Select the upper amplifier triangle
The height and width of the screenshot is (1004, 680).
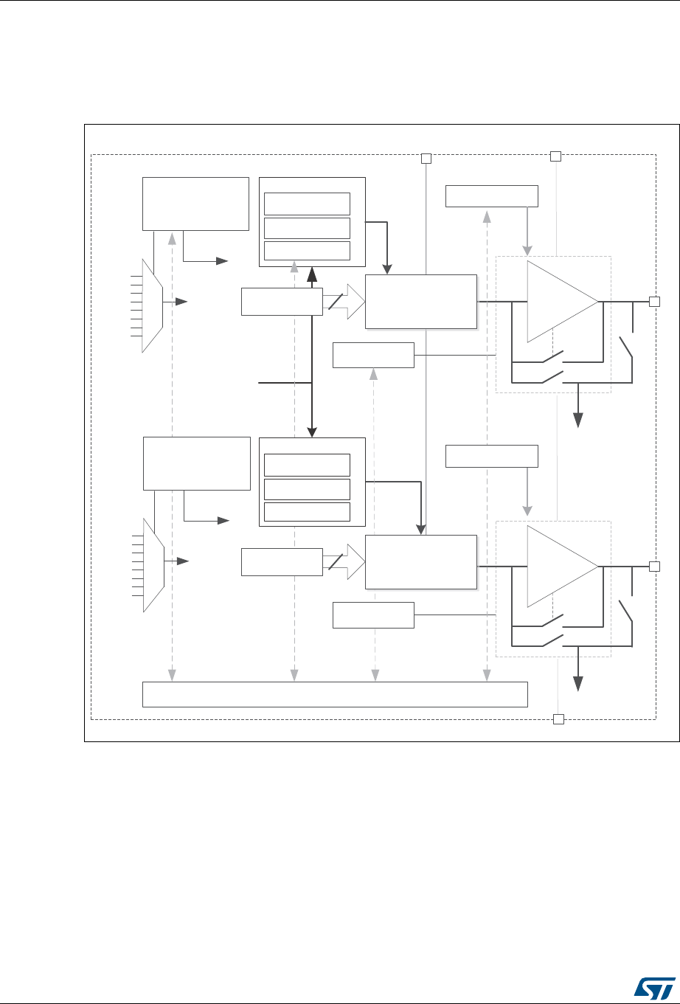[558, 302]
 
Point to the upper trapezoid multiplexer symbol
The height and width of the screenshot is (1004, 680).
[152, 305]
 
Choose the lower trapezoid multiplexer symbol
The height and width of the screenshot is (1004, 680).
[152, 564]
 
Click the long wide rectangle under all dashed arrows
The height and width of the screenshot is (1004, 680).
[335, 694]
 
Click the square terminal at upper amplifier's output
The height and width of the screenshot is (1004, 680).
[653, 301]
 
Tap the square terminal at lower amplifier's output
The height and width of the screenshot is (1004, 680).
[653, 566]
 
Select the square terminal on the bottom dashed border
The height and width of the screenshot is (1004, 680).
[558, 719]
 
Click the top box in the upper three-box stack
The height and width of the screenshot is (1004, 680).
[307, 203]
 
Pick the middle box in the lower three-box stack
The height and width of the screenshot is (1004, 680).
[307, 488]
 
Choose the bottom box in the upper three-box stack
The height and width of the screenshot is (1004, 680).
[307, 252]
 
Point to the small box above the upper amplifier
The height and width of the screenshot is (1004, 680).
[493, 196]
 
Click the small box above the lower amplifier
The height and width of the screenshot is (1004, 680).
[493, 456]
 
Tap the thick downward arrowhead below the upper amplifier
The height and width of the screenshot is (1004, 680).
[579, 419]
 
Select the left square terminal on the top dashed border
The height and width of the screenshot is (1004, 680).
[426, 158]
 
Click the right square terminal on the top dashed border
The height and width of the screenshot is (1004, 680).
[556, 156]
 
